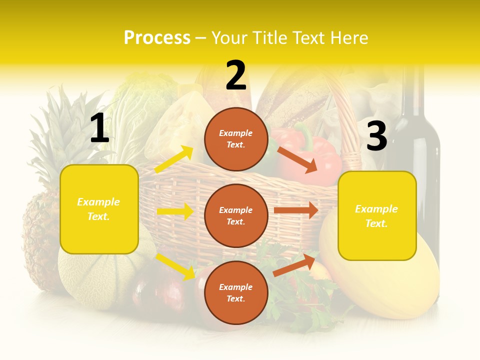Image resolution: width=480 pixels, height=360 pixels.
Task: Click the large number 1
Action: click(99, 128)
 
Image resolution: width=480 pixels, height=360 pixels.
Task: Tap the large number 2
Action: click(236, 76)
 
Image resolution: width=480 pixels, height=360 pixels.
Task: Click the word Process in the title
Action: click(157, 37)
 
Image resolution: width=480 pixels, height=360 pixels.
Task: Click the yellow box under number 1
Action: click(99, 209)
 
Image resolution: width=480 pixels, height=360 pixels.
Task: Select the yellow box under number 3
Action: click(377, 215)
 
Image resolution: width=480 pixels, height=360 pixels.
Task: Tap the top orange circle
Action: click(236, 139)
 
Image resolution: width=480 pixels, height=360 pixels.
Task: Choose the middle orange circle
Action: click(236, 215)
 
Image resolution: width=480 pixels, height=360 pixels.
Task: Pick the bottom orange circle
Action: click(236, 292)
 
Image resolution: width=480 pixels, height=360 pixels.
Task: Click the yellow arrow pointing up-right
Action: click(174, 159)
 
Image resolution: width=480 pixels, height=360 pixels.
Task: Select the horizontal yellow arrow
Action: click(175, 211)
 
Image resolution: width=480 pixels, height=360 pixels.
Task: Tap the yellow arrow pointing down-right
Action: click(175, 266)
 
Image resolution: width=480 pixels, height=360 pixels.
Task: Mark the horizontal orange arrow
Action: click(296, 210)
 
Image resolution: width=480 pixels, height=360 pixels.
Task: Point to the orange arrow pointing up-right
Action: click(294, 265)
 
